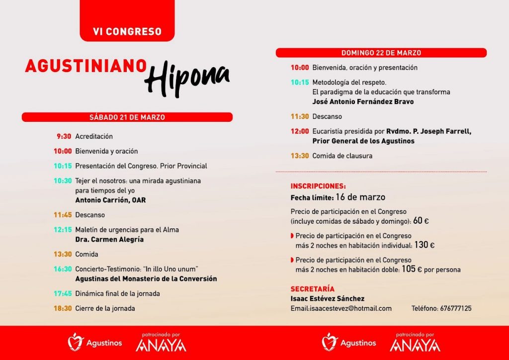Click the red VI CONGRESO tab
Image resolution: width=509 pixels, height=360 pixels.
[x=127, y=31]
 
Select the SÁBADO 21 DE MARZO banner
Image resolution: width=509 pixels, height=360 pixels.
[x=127, y=117]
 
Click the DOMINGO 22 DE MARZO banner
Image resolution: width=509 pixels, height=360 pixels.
[x=381, y=53]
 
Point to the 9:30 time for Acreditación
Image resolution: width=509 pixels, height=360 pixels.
[x=64, y=136]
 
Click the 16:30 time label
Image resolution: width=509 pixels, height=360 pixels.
[x=63, y=269]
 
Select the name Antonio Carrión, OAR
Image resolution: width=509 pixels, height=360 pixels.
[x=110, y=200]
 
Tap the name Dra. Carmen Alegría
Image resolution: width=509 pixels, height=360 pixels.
[x=109, y=240]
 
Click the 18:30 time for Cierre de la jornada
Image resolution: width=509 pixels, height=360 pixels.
[x=63, y=308]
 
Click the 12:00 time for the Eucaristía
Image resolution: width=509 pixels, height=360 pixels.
[x=300, y=132]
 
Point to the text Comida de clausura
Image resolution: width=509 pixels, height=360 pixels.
[x=342, y=156]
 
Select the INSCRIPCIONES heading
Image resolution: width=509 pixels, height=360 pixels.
[x=318, y=186]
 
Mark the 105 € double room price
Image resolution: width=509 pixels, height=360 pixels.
[x=412, y=270]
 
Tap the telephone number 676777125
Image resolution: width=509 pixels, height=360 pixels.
[x=456, y=309]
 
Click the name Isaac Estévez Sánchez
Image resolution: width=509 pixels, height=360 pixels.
[x=328, y=299]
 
